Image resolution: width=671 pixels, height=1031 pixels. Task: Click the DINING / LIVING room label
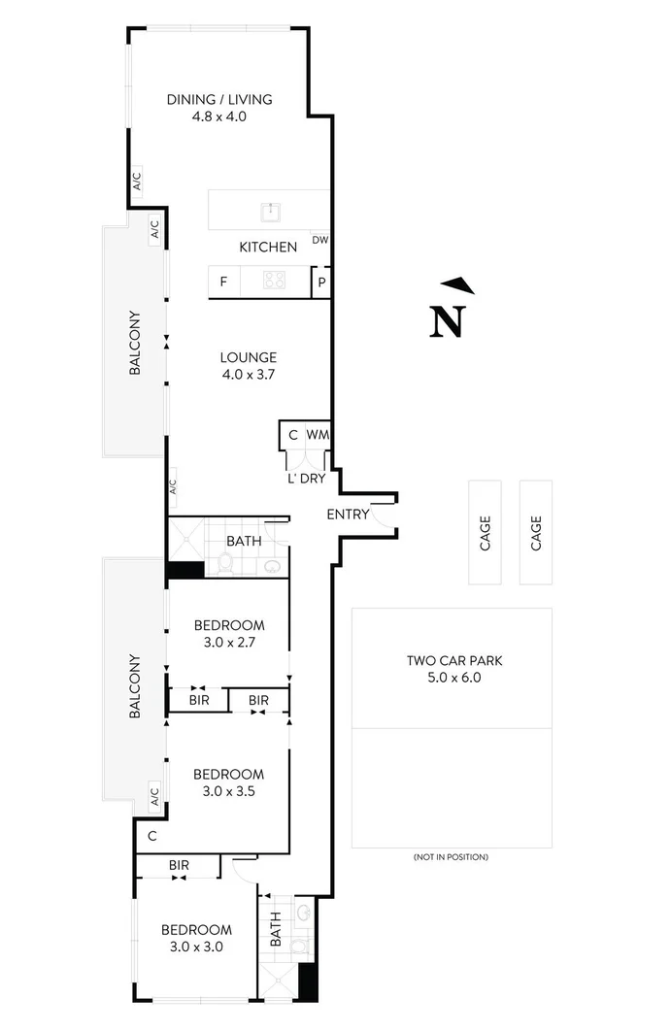pos(219,99)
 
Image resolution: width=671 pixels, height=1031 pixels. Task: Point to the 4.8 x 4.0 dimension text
pos(219,116)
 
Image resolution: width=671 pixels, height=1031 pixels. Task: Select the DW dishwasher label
pos(319,241)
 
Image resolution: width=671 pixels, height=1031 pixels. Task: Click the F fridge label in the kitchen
pos(223,283)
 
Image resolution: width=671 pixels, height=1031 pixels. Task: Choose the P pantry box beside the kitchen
pos(320,283)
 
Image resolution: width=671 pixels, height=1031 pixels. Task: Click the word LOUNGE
pos(249,357)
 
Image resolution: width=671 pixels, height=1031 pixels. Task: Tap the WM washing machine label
pos(318,435)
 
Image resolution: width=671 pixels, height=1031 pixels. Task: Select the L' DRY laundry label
pos(306,479)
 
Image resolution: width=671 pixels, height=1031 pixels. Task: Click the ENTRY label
pos(348,515)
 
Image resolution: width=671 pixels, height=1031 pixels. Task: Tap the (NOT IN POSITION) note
pos(451,857)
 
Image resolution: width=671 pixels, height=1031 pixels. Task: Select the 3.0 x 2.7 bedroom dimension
pos(228,643)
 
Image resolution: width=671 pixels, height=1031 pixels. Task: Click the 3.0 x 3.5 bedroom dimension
pos(228,791)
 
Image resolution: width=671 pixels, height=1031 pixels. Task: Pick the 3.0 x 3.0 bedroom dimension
pos(196,947)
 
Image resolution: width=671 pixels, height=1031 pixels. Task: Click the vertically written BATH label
pos(276,930)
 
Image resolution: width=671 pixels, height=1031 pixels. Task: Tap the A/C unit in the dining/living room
pos(137,181)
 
